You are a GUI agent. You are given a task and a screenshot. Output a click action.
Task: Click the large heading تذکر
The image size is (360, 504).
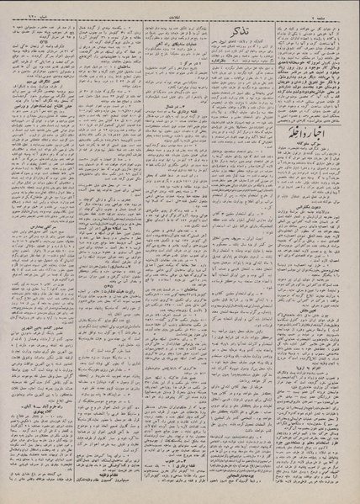pos(224,31)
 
